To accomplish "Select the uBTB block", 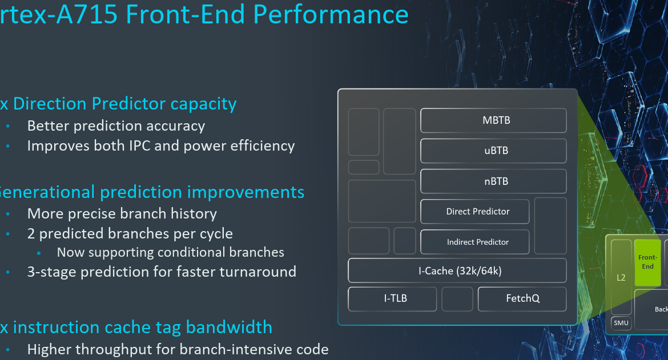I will click(493, 151).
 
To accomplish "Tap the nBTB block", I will click(493, 181).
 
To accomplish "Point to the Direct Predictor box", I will click(475, 212).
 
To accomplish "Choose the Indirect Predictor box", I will click(475, 242).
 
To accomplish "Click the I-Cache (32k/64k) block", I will click(457, 270).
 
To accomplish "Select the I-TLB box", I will click(392, 298).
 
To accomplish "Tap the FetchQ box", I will click(522, 298).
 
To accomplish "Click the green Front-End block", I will click(647, 262).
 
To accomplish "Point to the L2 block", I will click(621, 278).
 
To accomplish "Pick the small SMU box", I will click(621, 323).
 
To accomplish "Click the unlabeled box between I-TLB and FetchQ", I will click(457, 299).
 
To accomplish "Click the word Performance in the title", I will click(331, 14).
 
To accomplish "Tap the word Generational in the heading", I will click(46, 192).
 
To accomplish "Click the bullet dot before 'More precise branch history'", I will click(8, 215).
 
